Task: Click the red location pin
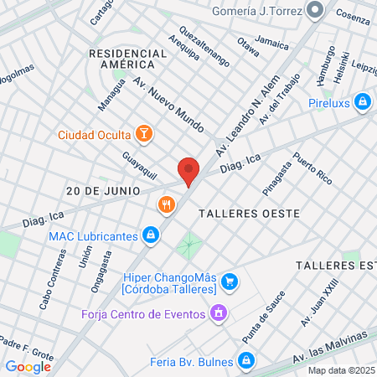(188, 170)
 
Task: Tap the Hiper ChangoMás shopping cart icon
(232, 280)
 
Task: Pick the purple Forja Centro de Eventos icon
(219, 314)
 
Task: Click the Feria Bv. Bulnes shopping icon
(245, 360)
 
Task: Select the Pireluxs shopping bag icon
(362, 102)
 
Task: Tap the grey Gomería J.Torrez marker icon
(315, 11)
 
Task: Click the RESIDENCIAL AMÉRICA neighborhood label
(122, 59)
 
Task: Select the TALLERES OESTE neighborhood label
(250, 214)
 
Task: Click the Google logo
(28, 366)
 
